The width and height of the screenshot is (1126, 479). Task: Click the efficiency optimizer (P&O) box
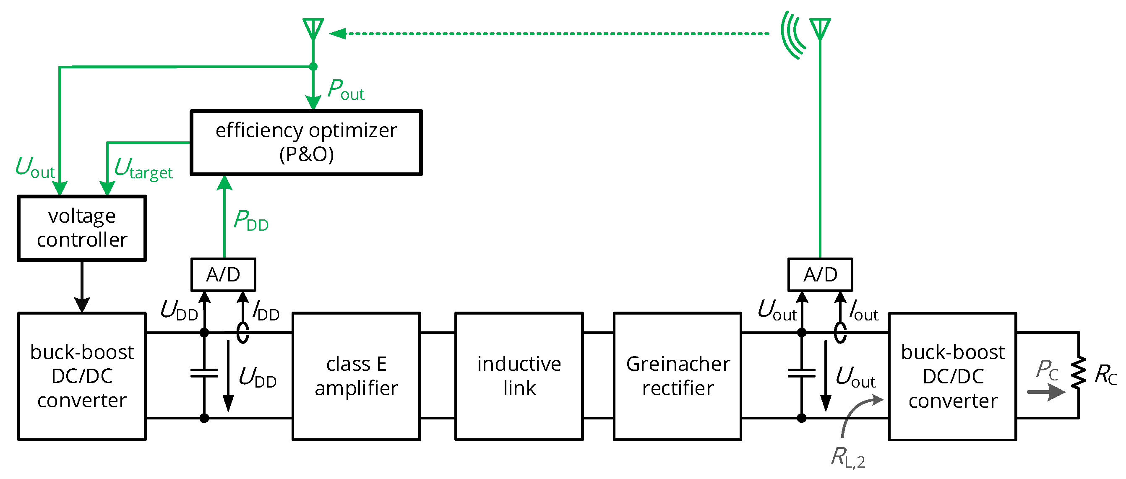[306, 143]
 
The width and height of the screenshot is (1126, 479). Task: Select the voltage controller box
[82, 228]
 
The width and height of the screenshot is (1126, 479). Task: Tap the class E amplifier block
[356, 376]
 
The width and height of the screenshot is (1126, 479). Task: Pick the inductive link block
[519, 376]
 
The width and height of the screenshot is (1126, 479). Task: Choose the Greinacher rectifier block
[678, 376]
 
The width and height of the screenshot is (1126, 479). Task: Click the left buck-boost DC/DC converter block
[82, 376]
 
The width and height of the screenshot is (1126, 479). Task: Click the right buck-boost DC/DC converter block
[952, 376]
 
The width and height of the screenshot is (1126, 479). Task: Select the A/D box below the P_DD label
[223, 274]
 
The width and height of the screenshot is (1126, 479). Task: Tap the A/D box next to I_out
[820, 274]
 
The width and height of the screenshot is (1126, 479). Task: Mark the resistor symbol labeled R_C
[1078, 372]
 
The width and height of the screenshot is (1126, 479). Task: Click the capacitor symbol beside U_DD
[204, 373]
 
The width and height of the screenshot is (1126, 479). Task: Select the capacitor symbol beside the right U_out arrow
[801, 373]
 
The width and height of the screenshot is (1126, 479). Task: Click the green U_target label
[143, 169]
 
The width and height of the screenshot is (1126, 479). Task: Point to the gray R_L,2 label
[847, 458]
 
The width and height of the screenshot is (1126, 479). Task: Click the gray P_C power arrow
[1046, 392]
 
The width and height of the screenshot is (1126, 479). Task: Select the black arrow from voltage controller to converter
[82, 286]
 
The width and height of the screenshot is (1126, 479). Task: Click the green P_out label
[346, 90]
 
